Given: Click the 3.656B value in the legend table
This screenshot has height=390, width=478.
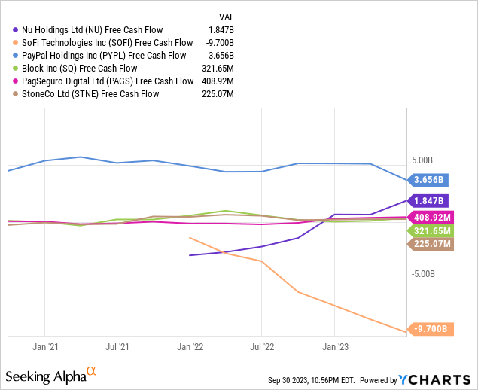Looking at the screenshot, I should click(221, 55).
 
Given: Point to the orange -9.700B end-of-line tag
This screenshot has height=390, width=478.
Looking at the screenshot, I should click(429, 328).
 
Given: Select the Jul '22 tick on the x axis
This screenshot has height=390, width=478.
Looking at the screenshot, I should click(261, 347).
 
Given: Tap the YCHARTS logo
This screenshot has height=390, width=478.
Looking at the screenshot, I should click(433, 379).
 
